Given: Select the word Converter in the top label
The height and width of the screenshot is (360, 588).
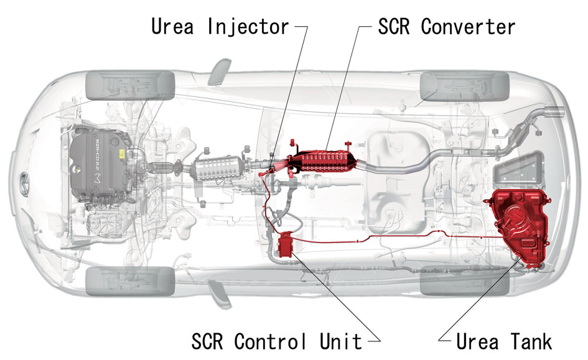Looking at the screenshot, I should pyautogui.click(x=468, y=26).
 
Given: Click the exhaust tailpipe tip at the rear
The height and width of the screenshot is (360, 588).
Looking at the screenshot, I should pyautogui.click(x=553, y=111).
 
